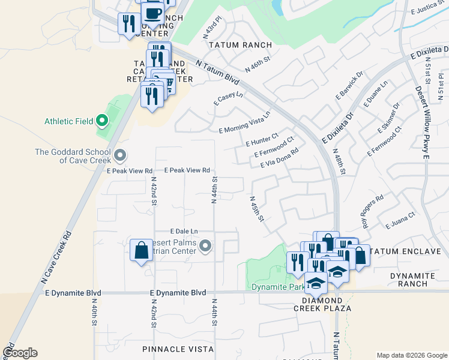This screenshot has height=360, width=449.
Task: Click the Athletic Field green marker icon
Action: [x=102, y=121]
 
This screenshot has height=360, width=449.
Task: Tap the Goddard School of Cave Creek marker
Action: [x=120, y=157]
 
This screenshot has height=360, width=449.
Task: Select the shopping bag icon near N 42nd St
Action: [x=141, y=250]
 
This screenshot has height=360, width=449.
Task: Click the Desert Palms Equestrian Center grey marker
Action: [x=206, y=245]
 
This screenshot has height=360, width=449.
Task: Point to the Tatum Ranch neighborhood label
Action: [x=240, y=45]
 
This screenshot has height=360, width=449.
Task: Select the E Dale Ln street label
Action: [x=184, y=231]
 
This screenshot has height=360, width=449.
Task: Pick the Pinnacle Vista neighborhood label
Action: [x=178, y=349]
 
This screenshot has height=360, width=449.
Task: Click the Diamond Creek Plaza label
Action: [x=322, y=304]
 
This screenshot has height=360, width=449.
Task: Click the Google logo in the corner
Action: [x=19, y=353]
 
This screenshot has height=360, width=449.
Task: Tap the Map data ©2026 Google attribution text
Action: [x=411, y=355]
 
